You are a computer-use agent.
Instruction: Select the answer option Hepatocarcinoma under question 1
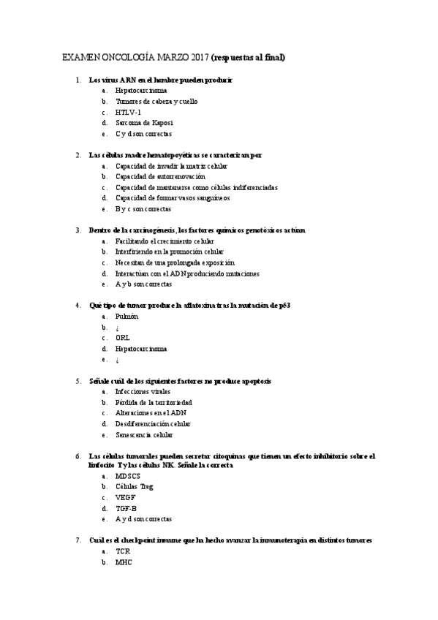pyautogui.click(x=140, y=91)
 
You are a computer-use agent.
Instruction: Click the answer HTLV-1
pyautogui.click(x=128, y=113)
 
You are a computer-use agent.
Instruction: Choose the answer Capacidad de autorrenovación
pyautogui.click(x=160, y=176)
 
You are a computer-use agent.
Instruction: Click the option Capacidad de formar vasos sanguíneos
pyautogui.click(x=173, y=198)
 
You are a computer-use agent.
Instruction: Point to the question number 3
pyautogui.click(x=78, y=230)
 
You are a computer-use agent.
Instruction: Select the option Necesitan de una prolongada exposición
pyautogui.click(x=175, y=262)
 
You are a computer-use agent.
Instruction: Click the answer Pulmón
pyautogui.click(x=127, y=317)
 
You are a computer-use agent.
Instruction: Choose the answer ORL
pyautogui.click(x=123, y=338)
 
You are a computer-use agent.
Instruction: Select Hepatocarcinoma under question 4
pyautogui.click(x=140, y=349)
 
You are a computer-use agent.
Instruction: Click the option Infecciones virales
pyautogui.click(x=144, y=392)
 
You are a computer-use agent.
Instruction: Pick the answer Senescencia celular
pyautogui.click(x=144, y=435)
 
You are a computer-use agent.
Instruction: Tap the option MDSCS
pyautogui.click(x=127, y=477)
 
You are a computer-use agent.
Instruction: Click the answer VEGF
pyautogui.click(x=125, y=498)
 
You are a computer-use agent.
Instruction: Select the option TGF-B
pyautogui.click(x=126, y=509)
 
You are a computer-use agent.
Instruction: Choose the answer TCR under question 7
pyautogui.click(x=122, y=551)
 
